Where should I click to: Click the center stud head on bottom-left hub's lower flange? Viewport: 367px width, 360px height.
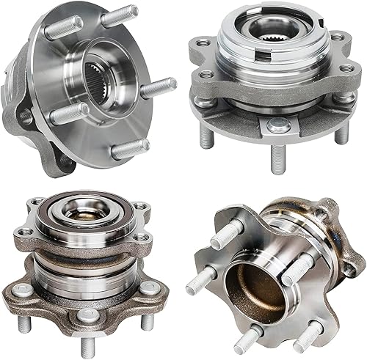coord(87,316)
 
